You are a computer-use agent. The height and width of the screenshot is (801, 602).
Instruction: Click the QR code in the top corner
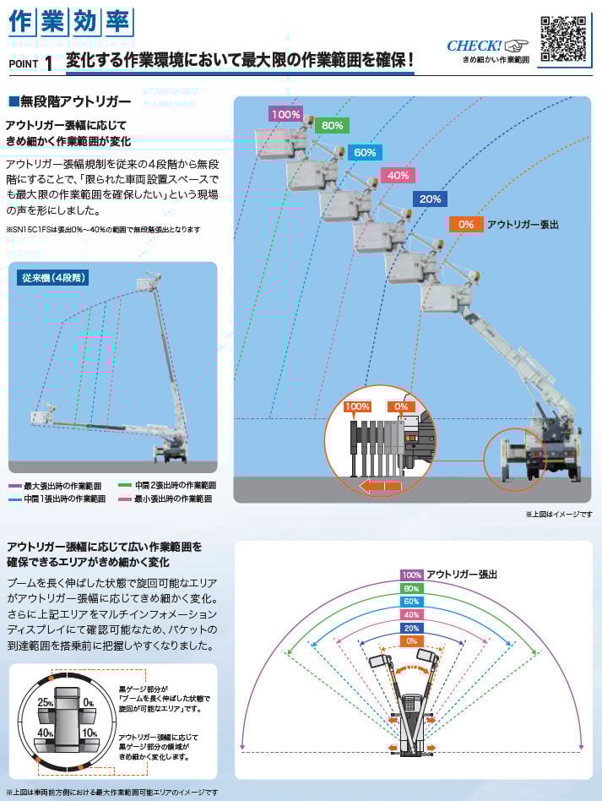tap(564, 39)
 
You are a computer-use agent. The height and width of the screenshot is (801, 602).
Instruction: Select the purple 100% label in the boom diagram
tap(286, 113)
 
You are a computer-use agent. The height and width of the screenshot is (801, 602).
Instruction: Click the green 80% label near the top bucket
tap(332, 126)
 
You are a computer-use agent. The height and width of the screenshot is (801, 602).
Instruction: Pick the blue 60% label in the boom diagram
tap(365, 152)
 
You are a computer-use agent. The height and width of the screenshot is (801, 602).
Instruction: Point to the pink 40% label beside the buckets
tap(397, 175)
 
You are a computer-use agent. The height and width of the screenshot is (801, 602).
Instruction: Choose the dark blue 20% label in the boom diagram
tap(430, 199)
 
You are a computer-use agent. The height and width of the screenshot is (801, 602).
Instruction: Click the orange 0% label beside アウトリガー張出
tap(466, 224)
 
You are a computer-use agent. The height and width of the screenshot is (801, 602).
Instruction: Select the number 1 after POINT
tap(48, 63)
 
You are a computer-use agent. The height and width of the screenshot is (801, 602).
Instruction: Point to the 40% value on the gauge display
tap(45, 732)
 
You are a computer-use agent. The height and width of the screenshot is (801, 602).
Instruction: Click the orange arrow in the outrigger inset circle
tap(380, 486)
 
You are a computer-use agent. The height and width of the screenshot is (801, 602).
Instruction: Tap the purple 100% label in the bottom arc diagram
tap(411, 575)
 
